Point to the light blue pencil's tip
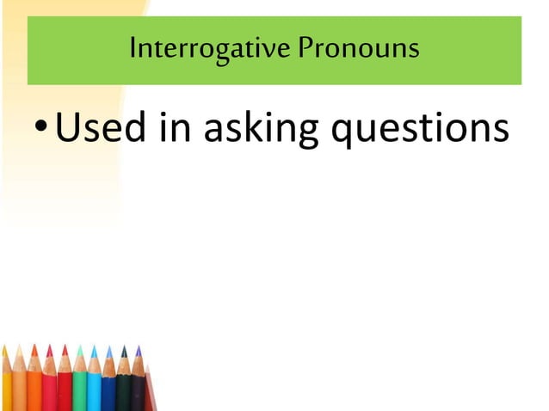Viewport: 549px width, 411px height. (x=95, y=348)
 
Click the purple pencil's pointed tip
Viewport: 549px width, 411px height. (x=138, y=349)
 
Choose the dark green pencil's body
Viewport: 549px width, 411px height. (x=123, y=394)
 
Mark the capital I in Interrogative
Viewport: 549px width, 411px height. (x=133, y=47)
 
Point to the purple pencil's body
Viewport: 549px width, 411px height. (x=138, y=394)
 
